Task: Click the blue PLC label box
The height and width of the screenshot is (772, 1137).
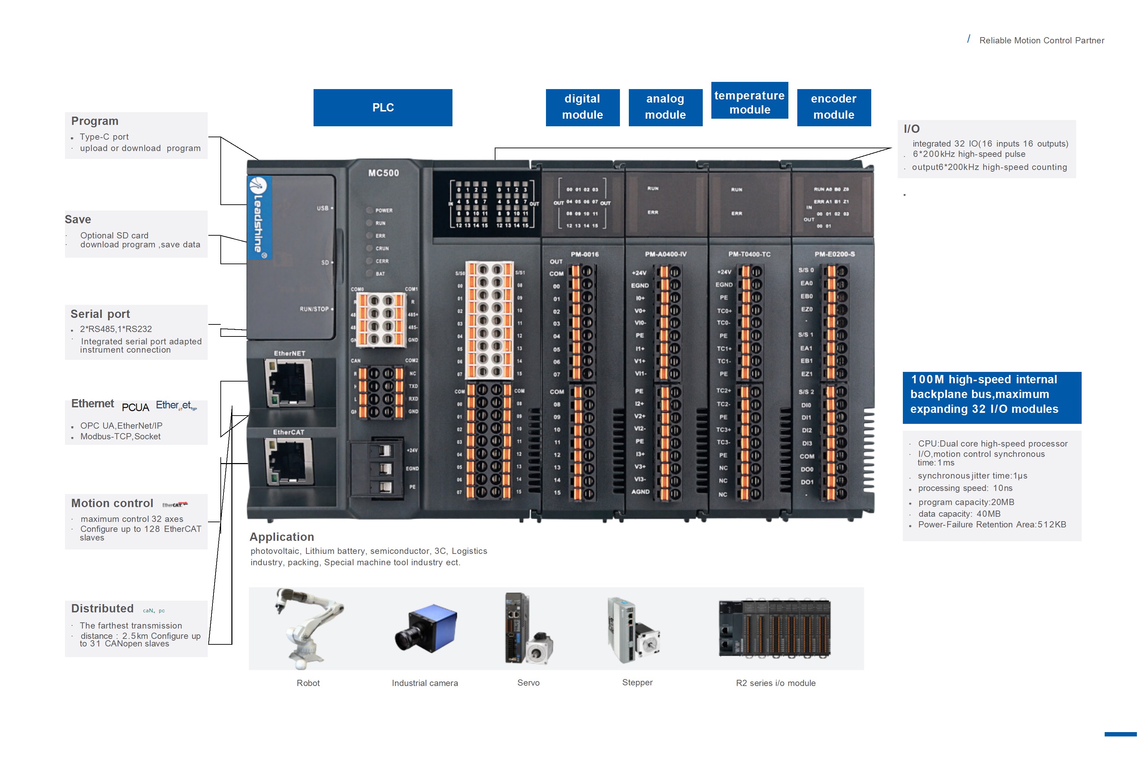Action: pyautogui.click(x=383, y=108)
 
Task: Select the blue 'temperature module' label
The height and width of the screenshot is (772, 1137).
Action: pyautogui.click(x=749, y=102)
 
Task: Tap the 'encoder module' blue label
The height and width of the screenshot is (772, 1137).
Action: pyautogui.click(x=834, y=107)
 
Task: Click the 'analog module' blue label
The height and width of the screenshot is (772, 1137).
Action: pyautogui.click(x=665, y=107)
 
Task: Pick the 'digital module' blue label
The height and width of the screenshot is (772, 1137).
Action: pyautogui.click(x=582, y=107)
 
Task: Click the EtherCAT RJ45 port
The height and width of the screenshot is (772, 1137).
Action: pyautogui.click(x=289, y=461)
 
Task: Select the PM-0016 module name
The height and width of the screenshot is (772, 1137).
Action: pyautogui.click(x=584, y=254)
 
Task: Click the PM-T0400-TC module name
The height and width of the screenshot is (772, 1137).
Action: pyautogui.click(x=749, y=254)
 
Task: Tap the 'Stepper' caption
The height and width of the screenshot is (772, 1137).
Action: pyautogui.click(x=637, y=683)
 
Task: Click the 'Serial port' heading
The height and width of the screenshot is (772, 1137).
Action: pyautogui.click(x=100, y=314)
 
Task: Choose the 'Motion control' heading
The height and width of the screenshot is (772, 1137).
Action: pyautogui.click(x=112, y=503)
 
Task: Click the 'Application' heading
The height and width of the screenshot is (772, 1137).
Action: pyautogui.click(x=282, y=537)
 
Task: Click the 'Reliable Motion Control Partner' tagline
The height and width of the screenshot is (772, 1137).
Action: pyautogui.click(x=1041, y=41)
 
